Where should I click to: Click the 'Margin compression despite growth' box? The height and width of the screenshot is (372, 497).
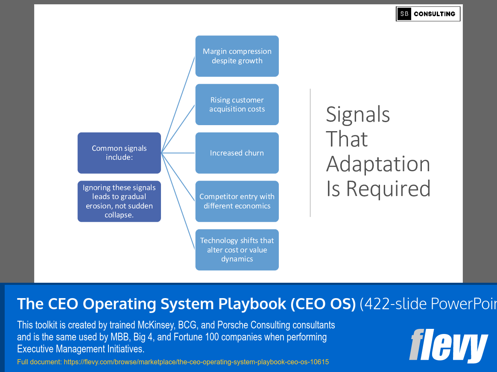(x=237, y=56)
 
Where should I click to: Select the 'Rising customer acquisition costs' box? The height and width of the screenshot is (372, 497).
(x=237, y=105)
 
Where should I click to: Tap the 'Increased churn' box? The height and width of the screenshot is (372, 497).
(x=237, y=153)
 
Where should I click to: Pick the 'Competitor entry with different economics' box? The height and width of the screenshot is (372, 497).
(x=237, y=201)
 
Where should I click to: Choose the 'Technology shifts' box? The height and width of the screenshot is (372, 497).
(x=237, y=250)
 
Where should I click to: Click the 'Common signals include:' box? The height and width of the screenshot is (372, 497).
(x=119, y=153)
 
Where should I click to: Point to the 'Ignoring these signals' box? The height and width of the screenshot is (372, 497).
(x=119, y=201)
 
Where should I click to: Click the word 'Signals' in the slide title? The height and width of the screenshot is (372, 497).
(x=358, y=114)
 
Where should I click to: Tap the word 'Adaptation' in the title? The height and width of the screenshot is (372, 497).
(x=378, y=164)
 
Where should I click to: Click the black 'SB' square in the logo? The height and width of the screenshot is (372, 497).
(x=404, y=14)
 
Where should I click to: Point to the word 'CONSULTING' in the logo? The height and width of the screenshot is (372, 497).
(x=434, y=14)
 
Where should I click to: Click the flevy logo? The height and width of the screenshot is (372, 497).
(x=448, y=346)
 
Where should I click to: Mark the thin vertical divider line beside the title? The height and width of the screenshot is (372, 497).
(x=310, y=153)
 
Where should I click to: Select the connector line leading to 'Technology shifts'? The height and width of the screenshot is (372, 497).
(x=178, y=201)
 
